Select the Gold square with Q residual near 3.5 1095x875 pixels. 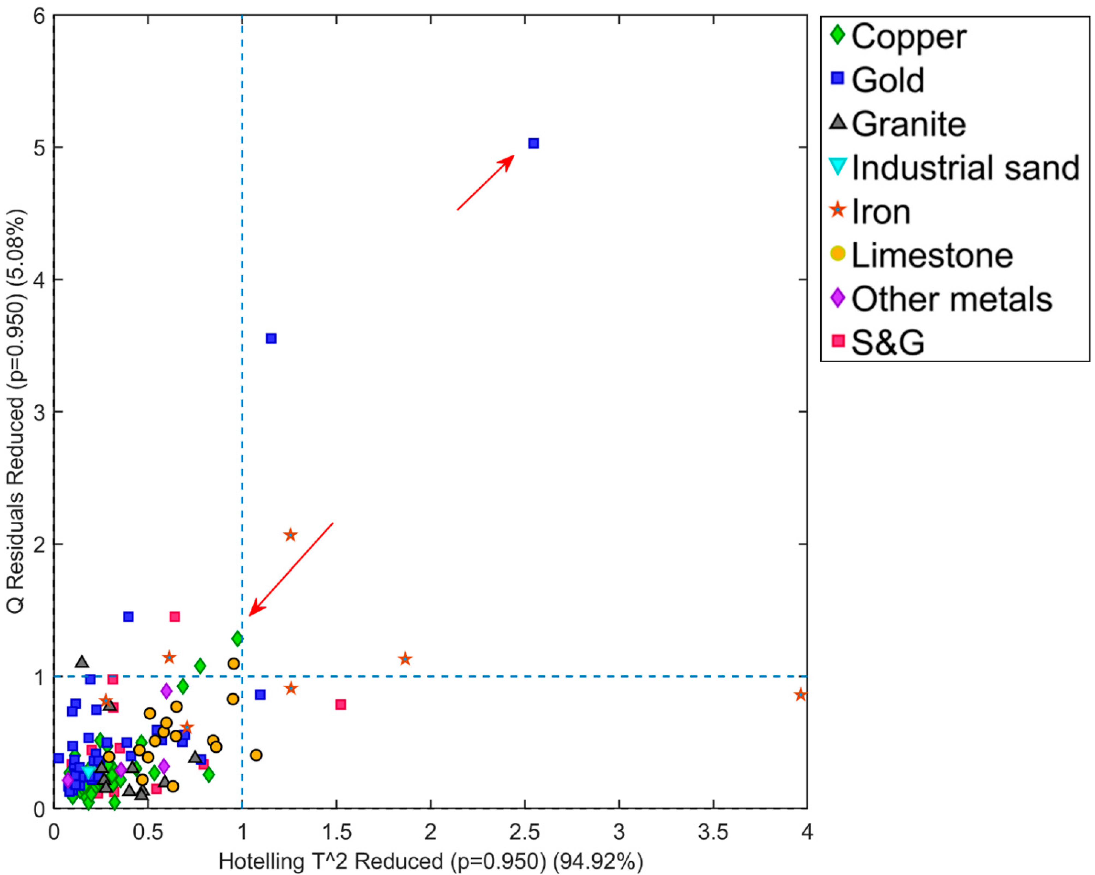[271, 338]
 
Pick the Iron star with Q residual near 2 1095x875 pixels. [290, 535]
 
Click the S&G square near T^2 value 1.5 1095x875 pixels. [341, 704]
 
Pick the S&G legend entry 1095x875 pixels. [887, 343]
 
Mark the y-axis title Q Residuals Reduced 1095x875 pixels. [16, 411]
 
